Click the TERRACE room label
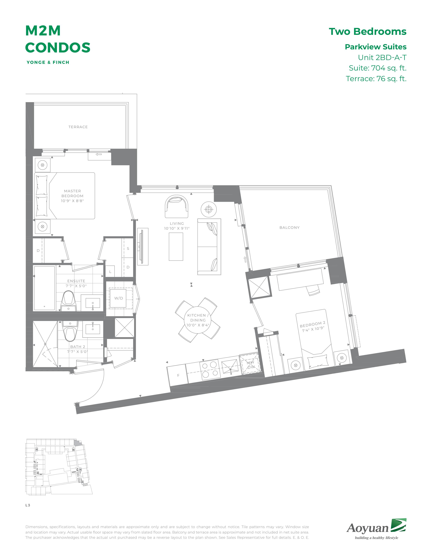point(78,127)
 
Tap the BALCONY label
point(290,228)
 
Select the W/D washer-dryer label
point(118,298)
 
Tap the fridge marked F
point(178,375)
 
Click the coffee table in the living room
point(176,247)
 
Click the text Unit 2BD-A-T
point(382,57)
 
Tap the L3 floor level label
point(28,505)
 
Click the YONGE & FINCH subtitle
point(48,62)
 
